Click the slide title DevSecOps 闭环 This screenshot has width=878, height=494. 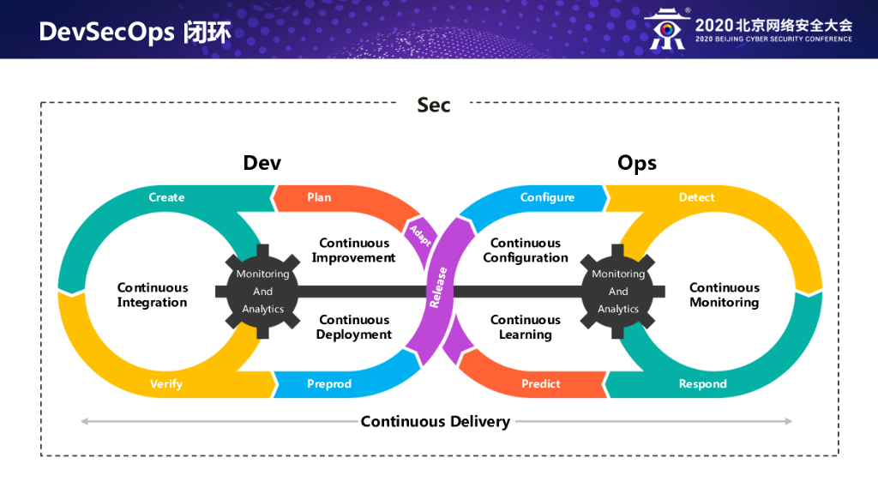[x=135, y=32]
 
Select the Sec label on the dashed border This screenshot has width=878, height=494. [x=433, y=105]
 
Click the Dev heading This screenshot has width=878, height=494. [x=262, y=163]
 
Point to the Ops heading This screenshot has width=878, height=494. [x=637, y=163]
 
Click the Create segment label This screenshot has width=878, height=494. [x=166, y=197]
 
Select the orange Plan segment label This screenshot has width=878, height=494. [x=319, y=197]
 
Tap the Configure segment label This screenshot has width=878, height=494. [x=547, y=197]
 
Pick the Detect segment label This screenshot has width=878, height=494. [x=696, y=197]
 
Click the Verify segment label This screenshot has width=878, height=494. [x=166, y=384]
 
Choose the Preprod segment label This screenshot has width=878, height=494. [x=329, y=384]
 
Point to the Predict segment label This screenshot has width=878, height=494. [x=541, y=384]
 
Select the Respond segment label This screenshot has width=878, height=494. [x=702, y=384]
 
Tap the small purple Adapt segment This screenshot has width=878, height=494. [x=420, y=235]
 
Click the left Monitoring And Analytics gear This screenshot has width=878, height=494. [x=262, y=292]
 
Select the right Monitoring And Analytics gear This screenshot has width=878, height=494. [x=618, y=292]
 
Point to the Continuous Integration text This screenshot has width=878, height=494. [x=153, y=295]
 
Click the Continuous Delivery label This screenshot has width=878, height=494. [x=435, y=421]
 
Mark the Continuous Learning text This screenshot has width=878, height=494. [x=526, y=327]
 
